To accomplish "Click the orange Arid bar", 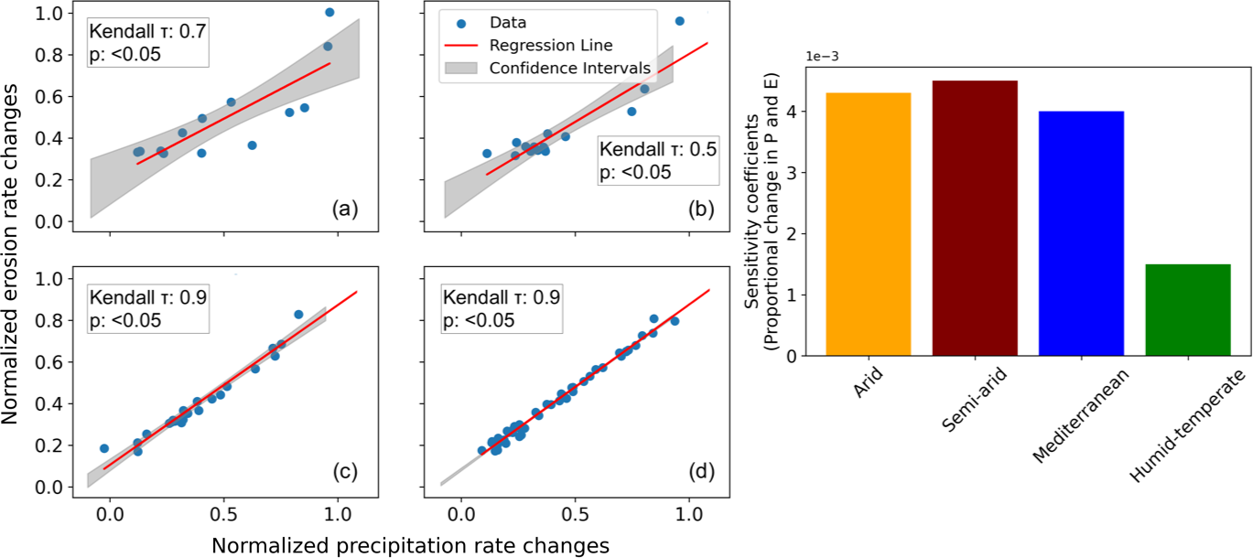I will coord(868,224).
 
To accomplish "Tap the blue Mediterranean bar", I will coord(1081,233).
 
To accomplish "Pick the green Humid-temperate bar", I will coord(1187,309).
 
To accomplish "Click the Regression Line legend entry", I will coord(550,45).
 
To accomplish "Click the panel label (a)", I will coord(343,209).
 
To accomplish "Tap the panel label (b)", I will coord(700,209).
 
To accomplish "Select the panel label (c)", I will coord(343,472).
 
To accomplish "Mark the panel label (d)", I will coord(700,472).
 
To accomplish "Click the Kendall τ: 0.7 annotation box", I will coord(147,42).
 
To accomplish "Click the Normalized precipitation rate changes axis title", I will coord(411,545).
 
